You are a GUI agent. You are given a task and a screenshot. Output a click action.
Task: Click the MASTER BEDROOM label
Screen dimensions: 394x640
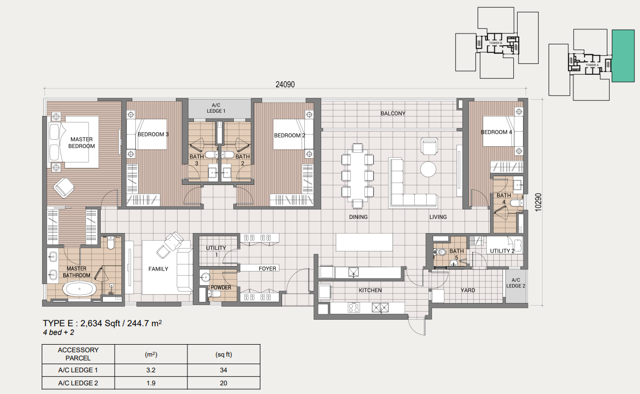pos(82,143)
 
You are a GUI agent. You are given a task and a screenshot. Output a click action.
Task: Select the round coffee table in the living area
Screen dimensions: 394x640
pos(429,169)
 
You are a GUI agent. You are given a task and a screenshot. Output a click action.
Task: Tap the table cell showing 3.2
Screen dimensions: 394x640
pos(151,371)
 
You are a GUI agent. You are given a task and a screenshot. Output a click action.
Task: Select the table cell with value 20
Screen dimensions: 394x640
pos(223,384)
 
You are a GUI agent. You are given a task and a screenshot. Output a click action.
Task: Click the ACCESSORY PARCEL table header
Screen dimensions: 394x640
pos(79,354)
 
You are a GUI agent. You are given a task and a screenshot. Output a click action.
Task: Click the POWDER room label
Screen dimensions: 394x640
pos(221,287)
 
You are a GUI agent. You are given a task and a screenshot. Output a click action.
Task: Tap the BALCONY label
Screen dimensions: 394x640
pos(393,113)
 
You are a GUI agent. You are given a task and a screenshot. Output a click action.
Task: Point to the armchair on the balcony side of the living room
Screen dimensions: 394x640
pos(429,147)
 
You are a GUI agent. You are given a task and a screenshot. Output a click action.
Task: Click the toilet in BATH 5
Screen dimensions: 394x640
pos(441,252)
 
